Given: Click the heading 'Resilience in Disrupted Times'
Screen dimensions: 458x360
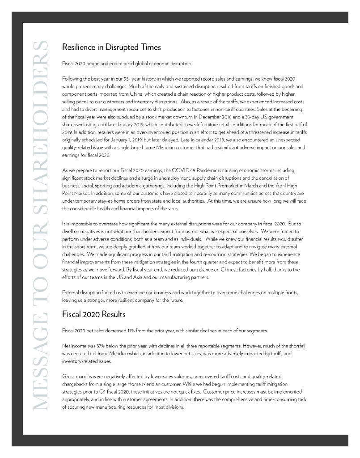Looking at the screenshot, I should pyautogui.click(x=111, y=47).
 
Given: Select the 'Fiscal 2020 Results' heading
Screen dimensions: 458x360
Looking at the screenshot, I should pyautogui.click(x=93, y=314).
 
